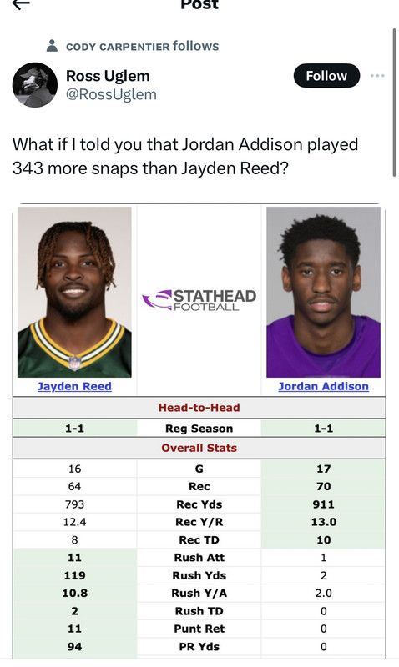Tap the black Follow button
(326, 76)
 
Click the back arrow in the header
(21, 4)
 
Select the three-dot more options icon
(377, 76)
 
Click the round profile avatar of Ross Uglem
(35, 85)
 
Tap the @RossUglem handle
(111, 94)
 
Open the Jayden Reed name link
(74, 386)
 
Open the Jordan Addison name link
(324, 386)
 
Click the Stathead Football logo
(199, 299)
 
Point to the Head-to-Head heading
(199, 408)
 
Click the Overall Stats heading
(199, 448)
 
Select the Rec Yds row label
(199, 504)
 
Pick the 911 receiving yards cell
(324, 504)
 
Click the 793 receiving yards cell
(74, 504)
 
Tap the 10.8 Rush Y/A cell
(74, 593)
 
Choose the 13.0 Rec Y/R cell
(324, 522)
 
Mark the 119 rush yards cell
(74, 575)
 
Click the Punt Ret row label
(199, 629)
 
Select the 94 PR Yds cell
(74, 647)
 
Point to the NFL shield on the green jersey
(75, 363)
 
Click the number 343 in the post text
(28, 168)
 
